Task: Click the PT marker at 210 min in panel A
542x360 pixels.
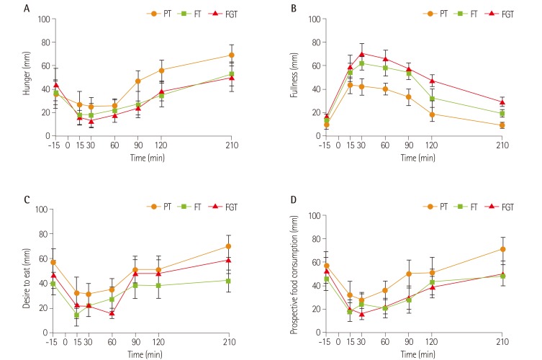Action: point(231,55)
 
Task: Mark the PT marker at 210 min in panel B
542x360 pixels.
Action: point(502,125)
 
